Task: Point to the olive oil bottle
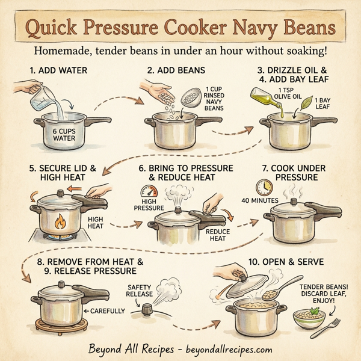coord(267,96)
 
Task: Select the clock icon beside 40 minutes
coord(262,186)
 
